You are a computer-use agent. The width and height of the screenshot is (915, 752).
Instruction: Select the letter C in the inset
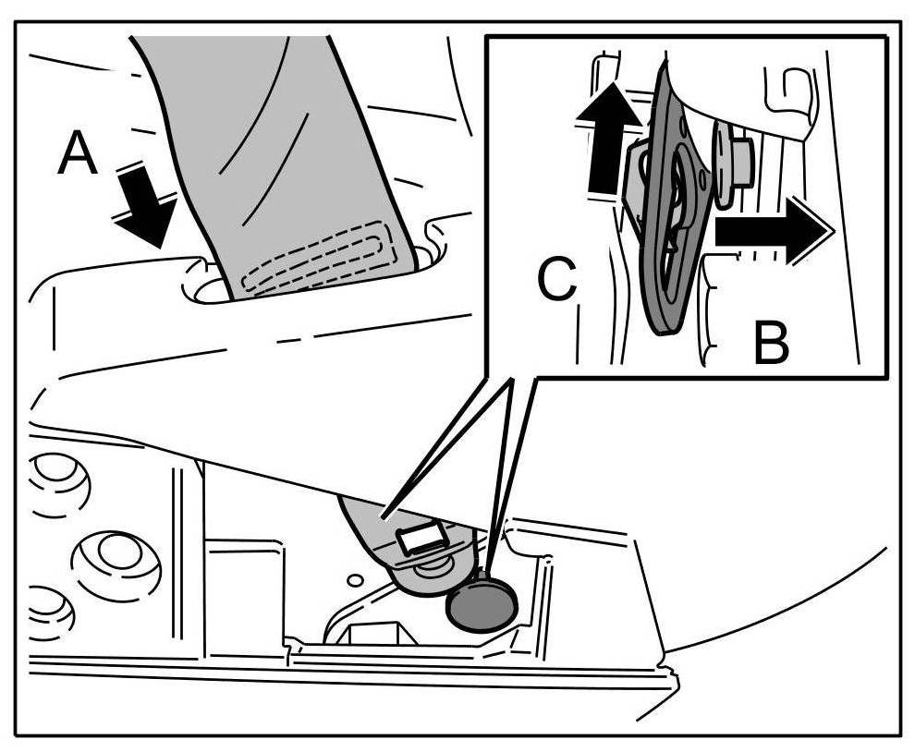(557, 282)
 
